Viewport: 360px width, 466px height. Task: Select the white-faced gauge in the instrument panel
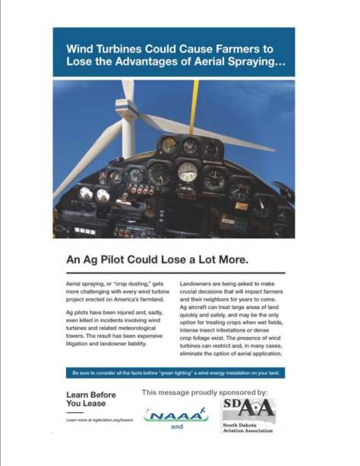coord(188,172)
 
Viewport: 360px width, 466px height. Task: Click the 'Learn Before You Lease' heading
coord(91,399)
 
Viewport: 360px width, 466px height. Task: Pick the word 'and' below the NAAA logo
coord(177,427)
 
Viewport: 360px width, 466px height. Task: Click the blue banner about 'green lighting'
coord(174,373)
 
